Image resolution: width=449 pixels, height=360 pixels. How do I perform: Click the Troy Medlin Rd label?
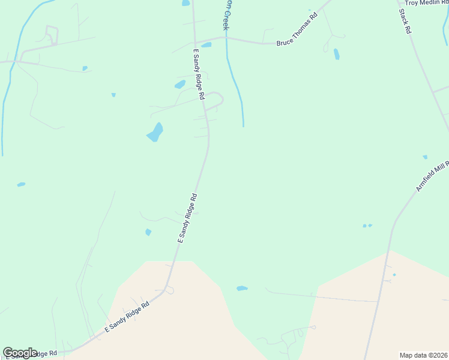pos(426,3)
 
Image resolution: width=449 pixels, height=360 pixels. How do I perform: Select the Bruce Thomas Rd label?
pos(296,43)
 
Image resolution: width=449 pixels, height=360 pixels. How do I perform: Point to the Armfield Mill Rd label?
pos(432,176)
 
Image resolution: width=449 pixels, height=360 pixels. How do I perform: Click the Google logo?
pos(20,353)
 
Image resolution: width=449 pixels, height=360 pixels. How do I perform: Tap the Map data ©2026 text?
pos(424,355)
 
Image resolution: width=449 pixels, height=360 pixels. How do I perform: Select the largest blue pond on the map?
pos(155,133)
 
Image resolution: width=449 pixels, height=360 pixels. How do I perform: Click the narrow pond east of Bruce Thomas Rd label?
pos(336,54)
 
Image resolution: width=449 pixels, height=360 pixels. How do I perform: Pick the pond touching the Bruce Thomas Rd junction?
pos(206,44)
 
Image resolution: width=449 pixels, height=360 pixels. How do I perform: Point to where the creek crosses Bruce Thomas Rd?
pos(226,39)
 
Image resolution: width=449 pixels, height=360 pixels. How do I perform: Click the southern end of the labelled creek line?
pos(243,125)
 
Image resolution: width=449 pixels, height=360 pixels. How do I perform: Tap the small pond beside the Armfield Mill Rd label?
pos(425,157)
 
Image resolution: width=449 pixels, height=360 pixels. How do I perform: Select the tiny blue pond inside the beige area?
pos(394,275)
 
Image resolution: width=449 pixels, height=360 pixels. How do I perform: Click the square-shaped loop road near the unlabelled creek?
pos(52,34)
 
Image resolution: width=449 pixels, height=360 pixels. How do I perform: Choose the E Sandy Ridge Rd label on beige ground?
pos(127,317)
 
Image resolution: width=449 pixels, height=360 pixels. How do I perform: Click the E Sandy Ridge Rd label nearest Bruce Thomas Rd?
pos(199,74)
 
